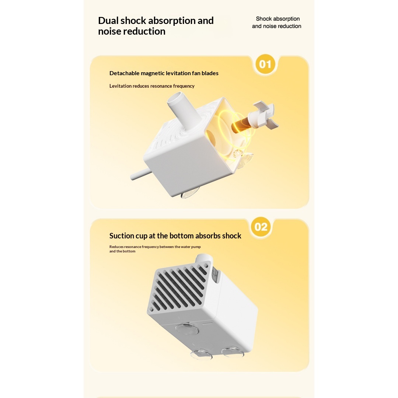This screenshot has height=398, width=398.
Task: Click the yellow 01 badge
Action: point(265,64)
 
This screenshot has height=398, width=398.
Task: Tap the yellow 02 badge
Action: point(261,227)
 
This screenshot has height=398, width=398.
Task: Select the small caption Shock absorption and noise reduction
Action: point(277,22)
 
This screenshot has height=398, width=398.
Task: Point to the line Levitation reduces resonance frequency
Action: point(152,86)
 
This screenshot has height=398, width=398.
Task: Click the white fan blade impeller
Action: point(263,115)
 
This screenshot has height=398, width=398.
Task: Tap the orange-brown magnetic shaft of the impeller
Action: point(241,125)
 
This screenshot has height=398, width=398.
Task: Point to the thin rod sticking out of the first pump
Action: point(141,174)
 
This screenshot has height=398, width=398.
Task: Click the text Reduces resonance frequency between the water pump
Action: point(155,247)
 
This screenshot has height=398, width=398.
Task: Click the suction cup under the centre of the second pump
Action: point(186,328)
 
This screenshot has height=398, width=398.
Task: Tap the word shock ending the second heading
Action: point(231,236)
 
